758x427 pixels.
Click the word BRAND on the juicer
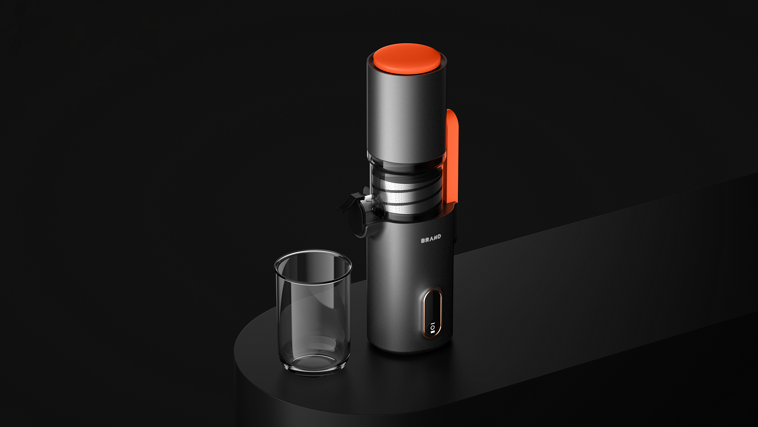(x=431, y=238)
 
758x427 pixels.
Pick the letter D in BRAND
(x=439, y=236)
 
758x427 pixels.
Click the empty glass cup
(x=313, y=312)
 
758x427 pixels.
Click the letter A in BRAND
(x=431, y=238)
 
